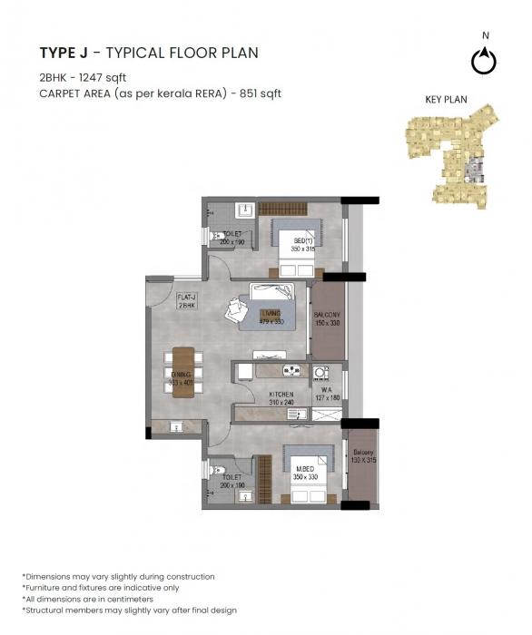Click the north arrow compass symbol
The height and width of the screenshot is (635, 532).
tap(485, 61)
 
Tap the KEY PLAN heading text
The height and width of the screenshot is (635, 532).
tap(446, 100)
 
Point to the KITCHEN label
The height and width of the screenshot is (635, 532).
tap(281, 394)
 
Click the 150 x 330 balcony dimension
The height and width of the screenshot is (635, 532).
tap(327, 321)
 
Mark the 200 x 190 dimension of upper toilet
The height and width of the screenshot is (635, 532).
tap(233, 242)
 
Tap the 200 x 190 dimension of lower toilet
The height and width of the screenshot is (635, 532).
tap(233, 485)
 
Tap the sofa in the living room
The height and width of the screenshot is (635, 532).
tap(272, 293)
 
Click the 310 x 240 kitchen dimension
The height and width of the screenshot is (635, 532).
tap(281, 402)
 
